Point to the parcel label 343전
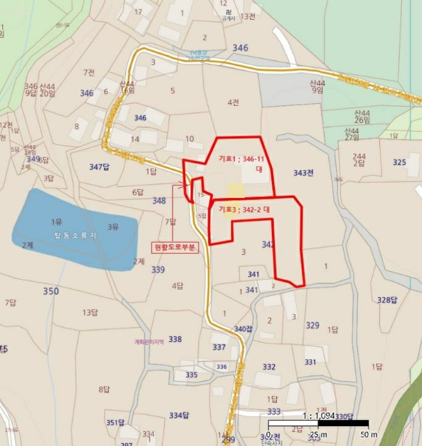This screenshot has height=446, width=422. [x=304, y=173]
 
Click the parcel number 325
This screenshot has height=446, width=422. [x=399, y=162]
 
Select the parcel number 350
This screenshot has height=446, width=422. [x=51, y=291]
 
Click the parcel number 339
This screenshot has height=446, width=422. [x=158, y=270]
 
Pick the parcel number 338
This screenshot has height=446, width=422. [x=175, y=339]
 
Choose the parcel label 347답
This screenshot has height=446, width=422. [x=100, y=167]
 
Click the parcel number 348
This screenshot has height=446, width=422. [x=159, y=201]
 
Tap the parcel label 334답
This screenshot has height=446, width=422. [x=179, y=415]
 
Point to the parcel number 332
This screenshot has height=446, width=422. [x=269, y=367]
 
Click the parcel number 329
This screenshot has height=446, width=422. [x=312, y=325]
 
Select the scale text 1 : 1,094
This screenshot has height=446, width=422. [x=318, y=415]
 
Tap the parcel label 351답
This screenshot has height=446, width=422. [x=115, y=422]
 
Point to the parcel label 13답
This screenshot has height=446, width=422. [x=90, y=312]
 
